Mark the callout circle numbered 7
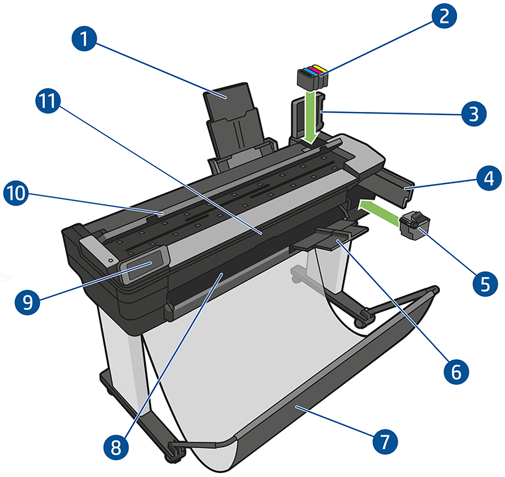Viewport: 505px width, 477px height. point(383,442)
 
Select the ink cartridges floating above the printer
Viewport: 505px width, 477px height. point(311,76)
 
